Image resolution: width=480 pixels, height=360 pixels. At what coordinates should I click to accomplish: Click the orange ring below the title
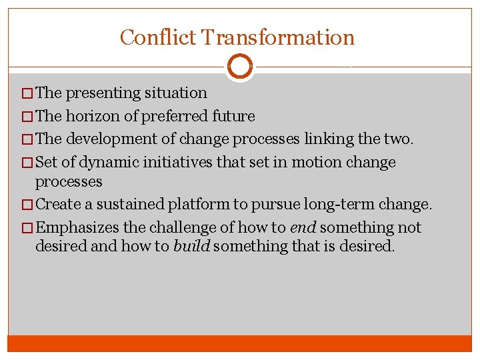click(240, 66)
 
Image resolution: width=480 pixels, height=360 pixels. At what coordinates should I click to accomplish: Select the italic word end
click(299, 227)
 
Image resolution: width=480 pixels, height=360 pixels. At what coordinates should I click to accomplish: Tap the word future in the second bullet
click(233, 116)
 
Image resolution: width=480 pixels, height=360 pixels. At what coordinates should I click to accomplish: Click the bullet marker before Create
click(29, 205)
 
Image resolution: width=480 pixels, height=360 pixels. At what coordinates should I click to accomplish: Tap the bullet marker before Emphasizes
click(29, 228)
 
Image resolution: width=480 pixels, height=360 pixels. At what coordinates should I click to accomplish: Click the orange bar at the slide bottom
click(240, 343)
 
